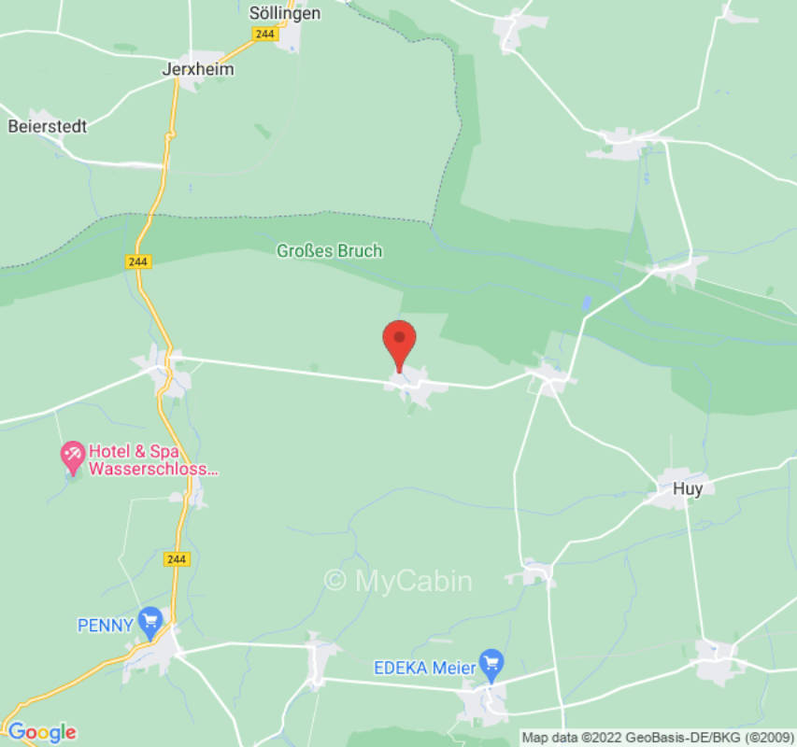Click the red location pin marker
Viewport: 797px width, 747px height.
point(400,341)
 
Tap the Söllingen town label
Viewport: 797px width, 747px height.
point(285,13)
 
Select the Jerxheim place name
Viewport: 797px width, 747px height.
point(198,69)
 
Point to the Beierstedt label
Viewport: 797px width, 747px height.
point(48,125)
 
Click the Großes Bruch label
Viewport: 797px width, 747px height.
point(329,251)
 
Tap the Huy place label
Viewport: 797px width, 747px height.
point(687,487)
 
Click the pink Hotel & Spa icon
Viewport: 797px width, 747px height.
point(72,457)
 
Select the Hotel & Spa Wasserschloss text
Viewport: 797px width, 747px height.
point(153,461)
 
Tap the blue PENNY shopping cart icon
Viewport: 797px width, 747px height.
point(149,620)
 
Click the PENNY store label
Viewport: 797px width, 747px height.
point(105,626)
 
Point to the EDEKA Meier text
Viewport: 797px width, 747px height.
point(425,668)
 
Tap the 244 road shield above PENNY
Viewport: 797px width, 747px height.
point(176,558)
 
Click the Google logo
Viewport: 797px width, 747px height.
point(41,732)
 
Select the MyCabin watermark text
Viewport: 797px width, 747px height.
point(398,581)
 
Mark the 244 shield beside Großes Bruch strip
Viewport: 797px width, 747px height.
point(137,262)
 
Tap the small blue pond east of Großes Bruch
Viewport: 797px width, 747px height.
point(586,303)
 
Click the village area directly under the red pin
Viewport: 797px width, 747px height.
point(411,385)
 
